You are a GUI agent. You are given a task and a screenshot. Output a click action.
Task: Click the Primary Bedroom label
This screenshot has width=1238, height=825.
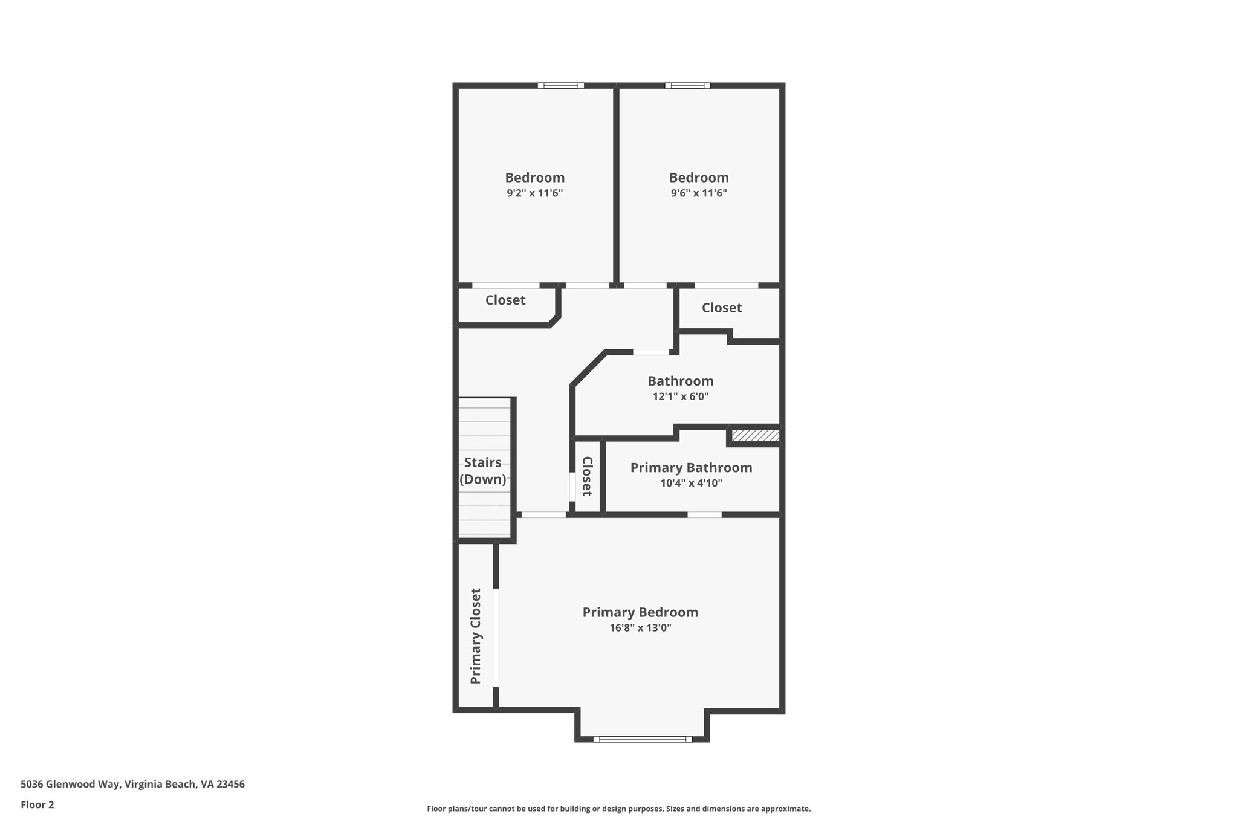pos(640,612)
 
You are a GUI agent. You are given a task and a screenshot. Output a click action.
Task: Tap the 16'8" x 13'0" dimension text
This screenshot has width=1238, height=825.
pos(640,628)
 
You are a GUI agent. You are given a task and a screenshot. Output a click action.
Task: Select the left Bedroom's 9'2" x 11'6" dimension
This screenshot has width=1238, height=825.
pos(534,193)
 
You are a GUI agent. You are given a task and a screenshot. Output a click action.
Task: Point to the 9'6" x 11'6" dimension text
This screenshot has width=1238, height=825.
pos(699,193)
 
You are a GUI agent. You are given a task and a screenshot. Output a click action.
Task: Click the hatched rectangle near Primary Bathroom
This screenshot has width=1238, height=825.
pos(755,435)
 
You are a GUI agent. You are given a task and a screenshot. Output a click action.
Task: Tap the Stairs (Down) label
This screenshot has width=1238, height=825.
pos(482,471)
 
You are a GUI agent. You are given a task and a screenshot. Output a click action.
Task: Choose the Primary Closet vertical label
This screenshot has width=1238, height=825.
pos(476,636)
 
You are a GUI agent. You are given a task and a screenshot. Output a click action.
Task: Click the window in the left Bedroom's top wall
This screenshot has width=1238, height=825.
pos(561,86)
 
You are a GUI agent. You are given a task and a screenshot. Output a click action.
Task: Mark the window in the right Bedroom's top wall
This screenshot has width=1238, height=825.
pos(687,86)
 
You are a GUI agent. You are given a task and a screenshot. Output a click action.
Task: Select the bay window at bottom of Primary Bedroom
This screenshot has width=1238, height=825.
pos(642,739)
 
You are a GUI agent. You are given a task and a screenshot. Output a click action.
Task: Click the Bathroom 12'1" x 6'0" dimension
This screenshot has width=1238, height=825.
pos(681,396)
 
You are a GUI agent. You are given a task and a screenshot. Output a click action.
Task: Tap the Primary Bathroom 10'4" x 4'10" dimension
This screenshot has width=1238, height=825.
pos(691,483)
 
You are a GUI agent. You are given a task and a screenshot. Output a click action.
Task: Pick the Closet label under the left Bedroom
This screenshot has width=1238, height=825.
pos(505,300)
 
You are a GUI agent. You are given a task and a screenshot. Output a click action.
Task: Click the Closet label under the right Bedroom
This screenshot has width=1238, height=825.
pos(722,308)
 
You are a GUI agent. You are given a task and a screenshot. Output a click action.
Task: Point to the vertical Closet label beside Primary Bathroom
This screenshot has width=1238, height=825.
pos(587,476)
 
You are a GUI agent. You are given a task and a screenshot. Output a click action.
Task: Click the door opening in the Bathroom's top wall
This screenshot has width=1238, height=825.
pos(651,352)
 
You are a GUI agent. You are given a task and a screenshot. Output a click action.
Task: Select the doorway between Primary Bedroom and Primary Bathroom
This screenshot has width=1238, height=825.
pos(704,515)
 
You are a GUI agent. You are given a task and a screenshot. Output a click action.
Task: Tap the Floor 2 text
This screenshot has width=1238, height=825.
pos(37,804)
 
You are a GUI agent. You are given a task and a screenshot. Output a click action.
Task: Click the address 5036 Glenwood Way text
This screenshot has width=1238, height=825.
pos(132,785)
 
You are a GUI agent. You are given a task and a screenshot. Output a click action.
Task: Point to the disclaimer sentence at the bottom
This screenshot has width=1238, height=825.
pos(618,809)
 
